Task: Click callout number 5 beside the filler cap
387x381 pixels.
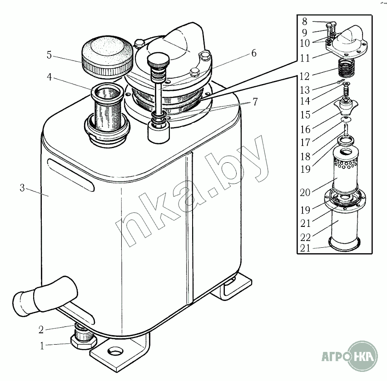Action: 49,55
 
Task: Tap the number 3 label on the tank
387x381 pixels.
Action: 22,188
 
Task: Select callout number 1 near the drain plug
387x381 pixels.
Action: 42,346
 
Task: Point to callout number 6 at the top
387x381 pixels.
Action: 254,53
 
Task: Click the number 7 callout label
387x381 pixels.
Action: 255,102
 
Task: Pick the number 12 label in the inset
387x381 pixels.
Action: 305,76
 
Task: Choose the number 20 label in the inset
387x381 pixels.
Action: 305,192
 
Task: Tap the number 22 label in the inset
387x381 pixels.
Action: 305,237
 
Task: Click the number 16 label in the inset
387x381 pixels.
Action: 305,129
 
